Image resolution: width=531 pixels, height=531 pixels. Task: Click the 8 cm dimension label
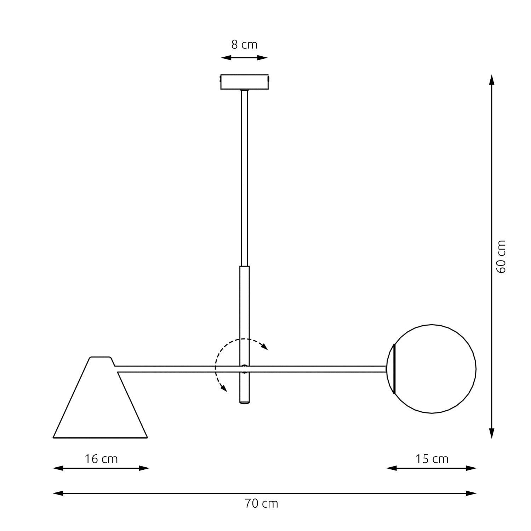tap(244, 45)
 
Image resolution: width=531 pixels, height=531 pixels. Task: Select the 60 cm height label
tap(501, 257)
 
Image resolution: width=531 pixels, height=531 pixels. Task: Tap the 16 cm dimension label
tap(101, 459)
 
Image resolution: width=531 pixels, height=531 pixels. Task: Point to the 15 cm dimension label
tap(432, 459)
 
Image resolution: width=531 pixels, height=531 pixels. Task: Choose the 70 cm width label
tap(261, 504)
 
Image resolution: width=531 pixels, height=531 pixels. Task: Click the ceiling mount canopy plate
tap(244, 82)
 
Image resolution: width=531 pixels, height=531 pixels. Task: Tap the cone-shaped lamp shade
tap(100, 407)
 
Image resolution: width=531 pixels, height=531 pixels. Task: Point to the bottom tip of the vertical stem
tap(244, 402)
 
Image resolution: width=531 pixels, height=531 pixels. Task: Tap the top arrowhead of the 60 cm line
tap(491, 80)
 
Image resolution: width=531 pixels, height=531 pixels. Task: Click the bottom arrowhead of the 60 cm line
tap(491, 433)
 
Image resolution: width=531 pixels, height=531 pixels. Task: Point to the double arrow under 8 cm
tap(244, 58)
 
